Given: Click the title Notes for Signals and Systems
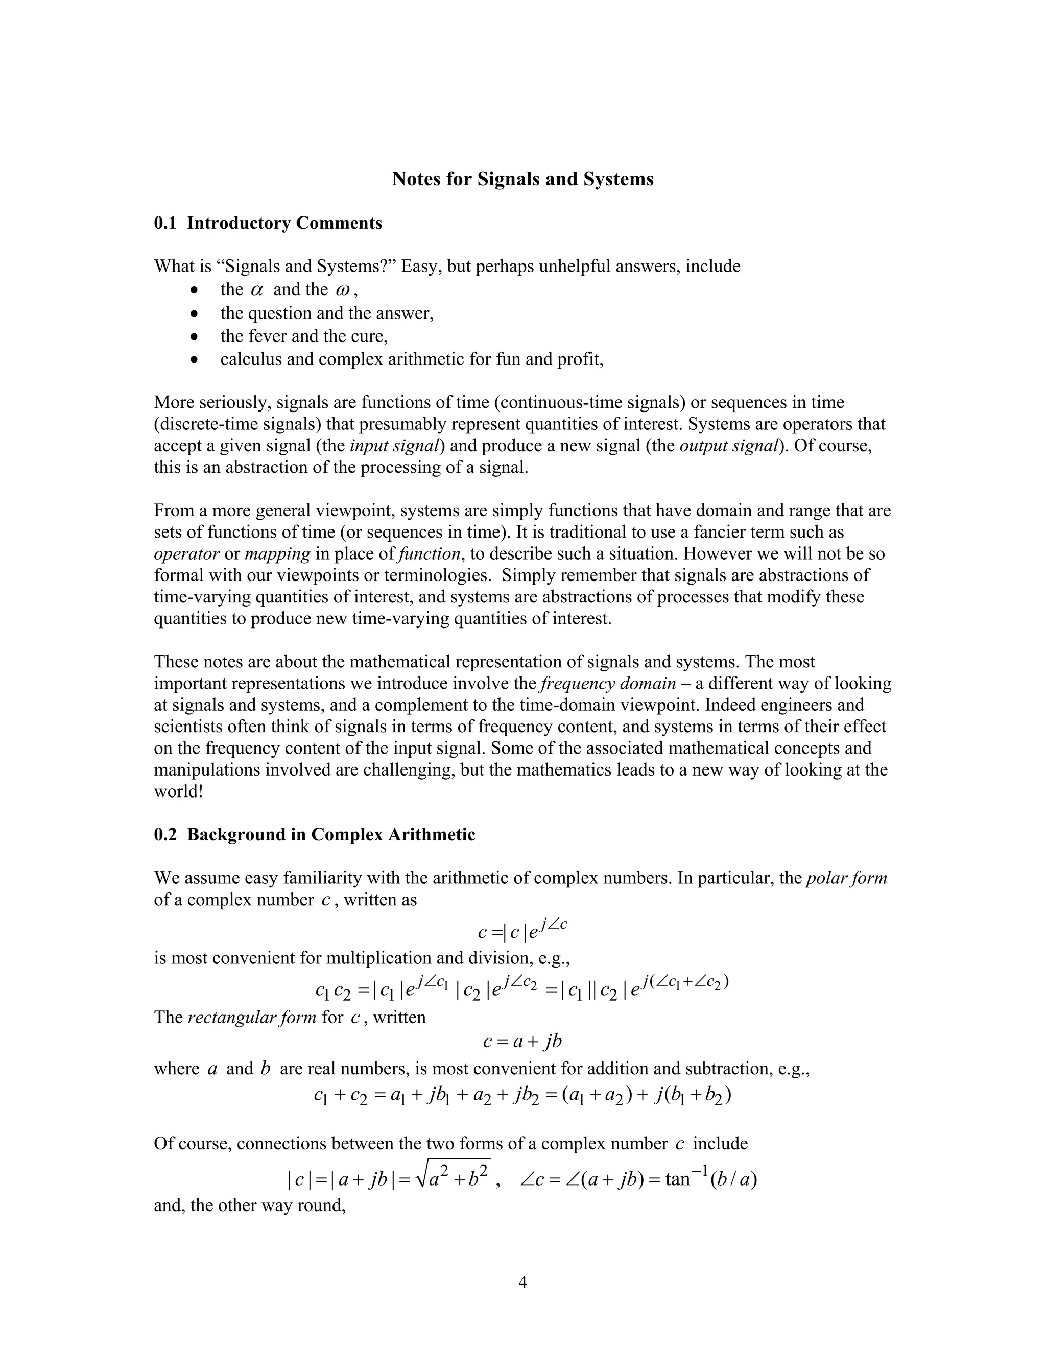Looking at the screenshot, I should click(522, 179).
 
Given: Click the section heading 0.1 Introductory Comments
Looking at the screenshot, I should click(268, 223).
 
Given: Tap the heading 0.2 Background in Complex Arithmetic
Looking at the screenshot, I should click(314, 834).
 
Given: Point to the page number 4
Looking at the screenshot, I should click(522, 1282).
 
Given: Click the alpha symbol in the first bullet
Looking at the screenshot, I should click(257, 290).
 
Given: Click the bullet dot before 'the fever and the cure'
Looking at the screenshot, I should click(195, 336).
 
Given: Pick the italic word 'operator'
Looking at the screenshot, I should click(186, 554).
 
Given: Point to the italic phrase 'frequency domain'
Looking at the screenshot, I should click(608, 683).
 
